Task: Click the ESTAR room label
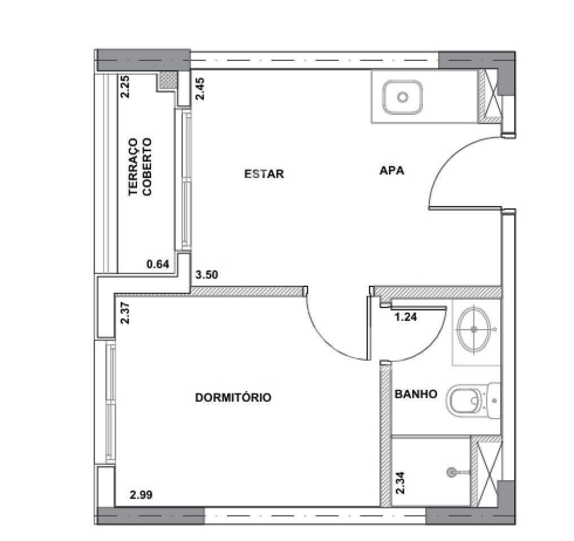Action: coord(264,174)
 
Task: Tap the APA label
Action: coord(392,170)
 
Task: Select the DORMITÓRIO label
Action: coord(233,397)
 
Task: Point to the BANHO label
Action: coord(416,394)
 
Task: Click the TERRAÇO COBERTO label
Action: coord(140,167)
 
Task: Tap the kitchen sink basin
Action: coord(403,97)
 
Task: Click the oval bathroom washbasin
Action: coord(474,329)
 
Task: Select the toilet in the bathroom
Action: coord(473,401)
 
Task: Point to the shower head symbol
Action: coord(452,472)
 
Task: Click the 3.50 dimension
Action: coord(207,274)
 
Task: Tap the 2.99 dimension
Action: coord(141,495)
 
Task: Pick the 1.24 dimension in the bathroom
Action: coord(405,317)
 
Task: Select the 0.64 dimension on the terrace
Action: coord(158,264)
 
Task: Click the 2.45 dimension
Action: coord(200,89)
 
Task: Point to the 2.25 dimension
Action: coord(125,86)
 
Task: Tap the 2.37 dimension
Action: coord(125,313)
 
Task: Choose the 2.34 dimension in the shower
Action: coord(400,483)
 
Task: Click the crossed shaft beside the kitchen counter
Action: coord(490,96)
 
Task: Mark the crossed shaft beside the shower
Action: coord(487,472)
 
